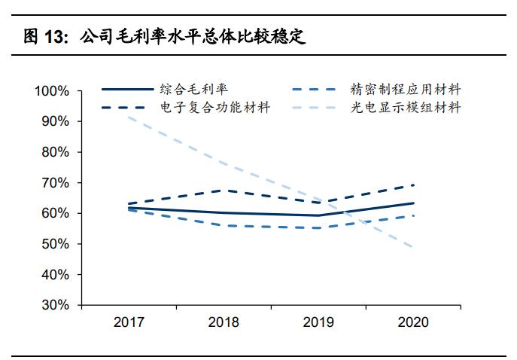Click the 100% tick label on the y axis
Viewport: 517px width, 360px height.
(x=52, y=90)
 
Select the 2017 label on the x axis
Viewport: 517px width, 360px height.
(x=129, y=322)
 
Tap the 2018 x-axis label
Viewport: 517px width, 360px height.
(x=224, y=322)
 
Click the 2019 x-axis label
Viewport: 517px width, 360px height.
(x=318, y=322)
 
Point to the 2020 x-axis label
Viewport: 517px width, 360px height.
(x=413, y=322)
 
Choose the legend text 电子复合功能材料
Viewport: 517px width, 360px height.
(x=214, y=108)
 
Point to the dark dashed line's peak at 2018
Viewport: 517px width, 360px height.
(x=224, y=191)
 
